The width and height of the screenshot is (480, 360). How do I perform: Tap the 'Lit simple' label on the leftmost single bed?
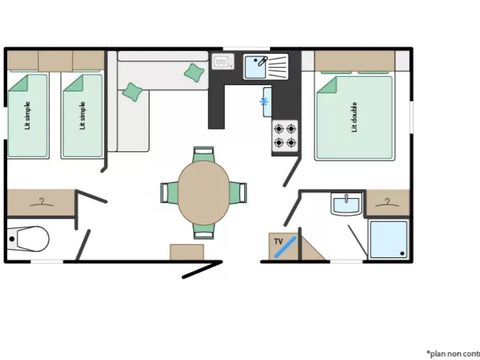click(x=27, y=119)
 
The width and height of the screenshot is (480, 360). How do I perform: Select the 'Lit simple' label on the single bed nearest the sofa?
click(x=81, y=119)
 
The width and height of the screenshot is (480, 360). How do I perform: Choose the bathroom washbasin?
click(x=344, y=207)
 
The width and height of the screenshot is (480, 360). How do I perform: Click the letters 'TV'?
click(x=278, y=241)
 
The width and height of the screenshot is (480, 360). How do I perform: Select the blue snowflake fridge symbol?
click(x=265, y=102)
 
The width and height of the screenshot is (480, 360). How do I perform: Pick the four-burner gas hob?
click(x=285, y=135)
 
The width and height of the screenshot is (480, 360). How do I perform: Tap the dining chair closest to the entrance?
click(x=203, y=229)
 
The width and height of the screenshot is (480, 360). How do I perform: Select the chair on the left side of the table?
click(x=169, y=191)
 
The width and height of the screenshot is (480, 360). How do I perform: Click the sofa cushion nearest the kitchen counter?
click(x=194, y=71)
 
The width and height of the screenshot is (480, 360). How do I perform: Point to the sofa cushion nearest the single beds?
click(x=132, y=92)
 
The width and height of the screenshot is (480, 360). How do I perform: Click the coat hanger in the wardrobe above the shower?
click(x=386, y=202)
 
